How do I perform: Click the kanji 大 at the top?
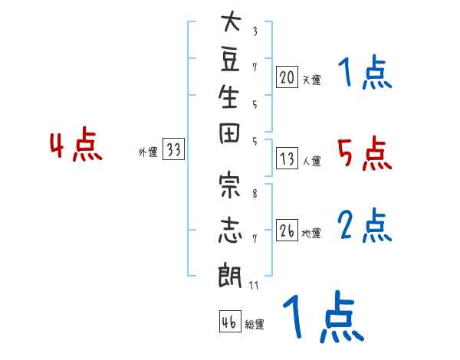[231, 21]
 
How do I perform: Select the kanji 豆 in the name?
[230, 60]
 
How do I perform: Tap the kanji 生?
[228, 97]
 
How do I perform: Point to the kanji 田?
[229, 134]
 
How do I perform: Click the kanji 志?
[230, 230]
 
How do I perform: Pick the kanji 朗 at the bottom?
[230, 275]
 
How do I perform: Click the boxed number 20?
[287, 77]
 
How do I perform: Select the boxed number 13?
[287, 159]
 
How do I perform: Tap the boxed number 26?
[287, 230]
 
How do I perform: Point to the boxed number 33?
[174, 149]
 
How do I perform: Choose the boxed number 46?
[230, 321]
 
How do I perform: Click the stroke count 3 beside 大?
[255, 31]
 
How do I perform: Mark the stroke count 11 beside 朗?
[254, 285]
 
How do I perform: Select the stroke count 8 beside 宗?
[255, 194]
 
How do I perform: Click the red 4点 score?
[76, 145]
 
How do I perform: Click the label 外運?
[148, 152]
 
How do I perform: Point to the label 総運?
[255, 325]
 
